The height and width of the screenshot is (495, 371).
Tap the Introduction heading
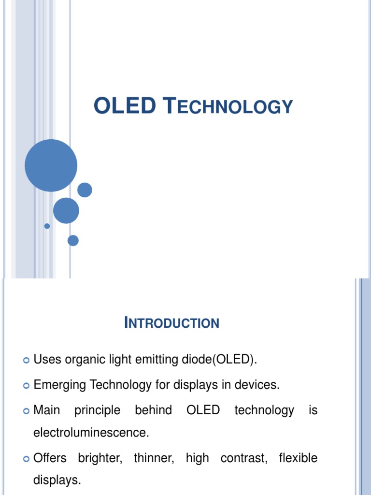click(x=171, y=322)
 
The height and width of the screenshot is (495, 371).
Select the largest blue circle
click(x=51, y=165)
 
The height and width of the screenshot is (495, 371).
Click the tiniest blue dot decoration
click(x=47, y=226)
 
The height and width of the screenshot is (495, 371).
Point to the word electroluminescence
click(x=91, y=433)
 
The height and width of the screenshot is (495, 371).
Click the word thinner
click(x=153, y=458)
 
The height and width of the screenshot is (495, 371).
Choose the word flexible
click(x=298, y=458)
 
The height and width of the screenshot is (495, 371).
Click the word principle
click(x=98, y=410)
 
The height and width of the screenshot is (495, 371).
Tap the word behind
click(x=153, y=410)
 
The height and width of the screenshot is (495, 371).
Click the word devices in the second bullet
click(x=260, y=385)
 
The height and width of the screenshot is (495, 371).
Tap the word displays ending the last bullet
click(x=57, y=480)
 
